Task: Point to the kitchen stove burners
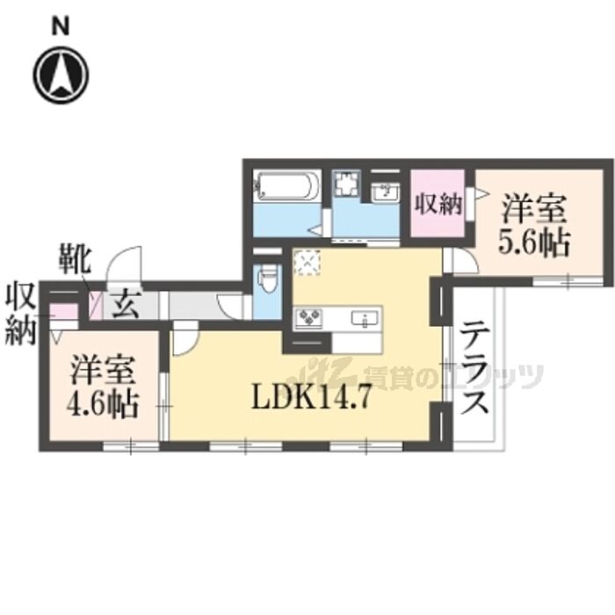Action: tap(310, 317)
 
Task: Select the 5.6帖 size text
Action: tap(535, 240)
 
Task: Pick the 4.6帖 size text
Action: tap(103, 407)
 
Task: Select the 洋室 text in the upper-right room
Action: tap(534, 211)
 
